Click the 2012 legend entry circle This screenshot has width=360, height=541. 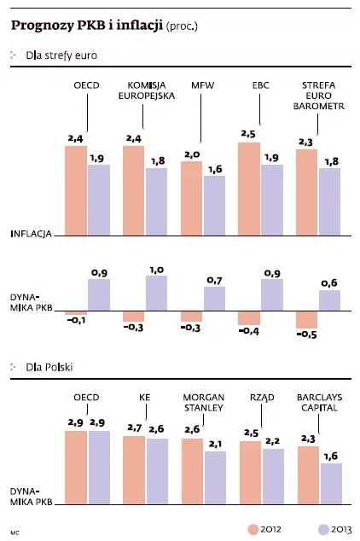click(x=253, y=529)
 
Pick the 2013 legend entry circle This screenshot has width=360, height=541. click(x=322, y=529)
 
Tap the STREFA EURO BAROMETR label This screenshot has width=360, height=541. click(x=318, y=96)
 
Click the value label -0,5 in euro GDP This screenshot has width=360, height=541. click(x=306, y=334)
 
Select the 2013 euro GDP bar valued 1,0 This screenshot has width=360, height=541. click(x=156, y=293)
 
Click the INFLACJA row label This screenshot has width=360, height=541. click(x=32, y=233)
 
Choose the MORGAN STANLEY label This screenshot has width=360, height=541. click(x=203, y=402)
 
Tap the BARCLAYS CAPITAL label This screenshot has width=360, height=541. click(x=318, y=402)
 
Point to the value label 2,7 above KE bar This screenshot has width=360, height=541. click(x=133, y=428)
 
